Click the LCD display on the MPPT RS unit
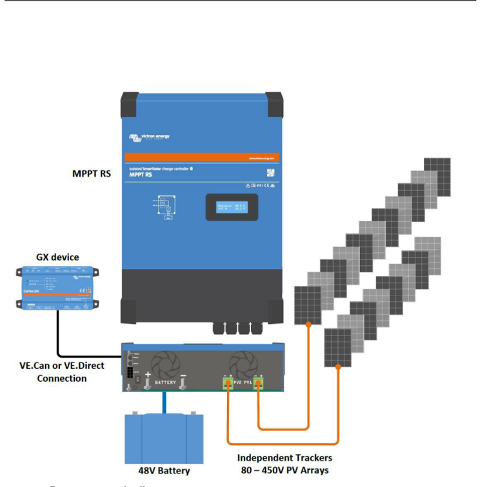[230, 206]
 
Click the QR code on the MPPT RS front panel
[271, 173]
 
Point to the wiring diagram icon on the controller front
[166, 206]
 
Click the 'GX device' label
[57, 257]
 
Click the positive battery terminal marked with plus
[148, 384]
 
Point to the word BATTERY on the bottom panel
[166, 383]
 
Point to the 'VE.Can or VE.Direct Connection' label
[62, 372]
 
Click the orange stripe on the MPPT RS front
[202, 157]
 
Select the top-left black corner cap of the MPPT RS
[131, 104]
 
